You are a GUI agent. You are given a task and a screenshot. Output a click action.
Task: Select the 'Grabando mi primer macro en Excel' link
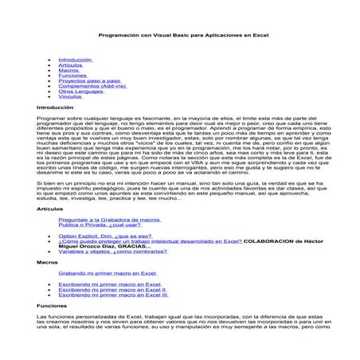[104, 272]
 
